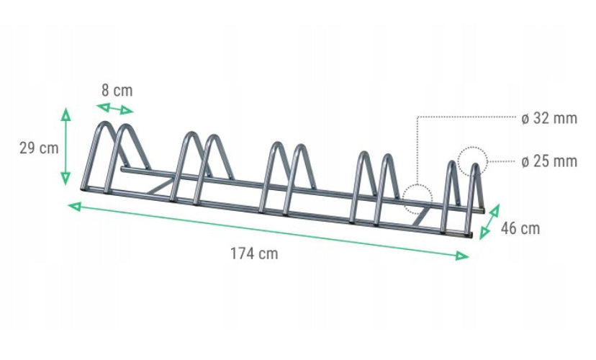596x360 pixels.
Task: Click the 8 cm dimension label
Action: pos(117,91)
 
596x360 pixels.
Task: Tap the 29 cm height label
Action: pos(39,148)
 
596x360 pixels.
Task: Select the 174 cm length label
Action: pos(254,253)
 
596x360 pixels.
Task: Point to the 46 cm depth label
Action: pos(520,228)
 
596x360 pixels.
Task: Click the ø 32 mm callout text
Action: pos(549,118)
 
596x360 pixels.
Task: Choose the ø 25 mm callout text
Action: pos(549,161)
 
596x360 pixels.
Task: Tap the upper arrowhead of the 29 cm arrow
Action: pos(66,114)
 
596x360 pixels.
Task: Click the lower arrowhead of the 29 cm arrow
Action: pos(66,179)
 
